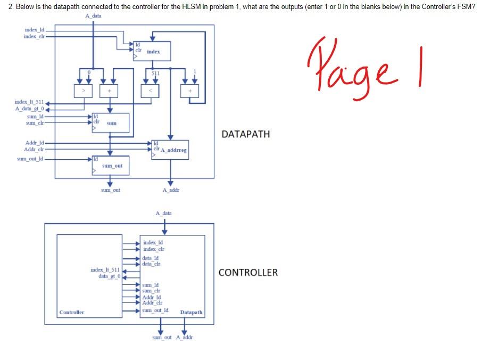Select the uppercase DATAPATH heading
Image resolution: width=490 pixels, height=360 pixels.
coord(245,134)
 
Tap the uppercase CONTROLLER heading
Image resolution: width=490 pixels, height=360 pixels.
coord(248,273)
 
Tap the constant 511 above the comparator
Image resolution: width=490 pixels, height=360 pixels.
coord(155,72)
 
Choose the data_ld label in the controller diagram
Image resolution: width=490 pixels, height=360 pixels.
coord(151,258)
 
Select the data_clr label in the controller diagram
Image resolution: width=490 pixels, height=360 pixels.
coord(151,264)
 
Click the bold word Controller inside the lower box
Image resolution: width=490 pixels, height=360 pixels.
coord(72,312)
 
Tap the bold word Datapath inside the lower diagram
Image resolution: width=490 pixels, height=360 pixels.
coord(191,312)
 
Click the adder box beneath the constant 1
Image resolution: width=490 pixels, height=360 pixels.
coord(189,91)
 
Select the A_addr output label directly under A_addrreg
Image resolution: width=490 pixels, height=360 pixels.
coord(171,190)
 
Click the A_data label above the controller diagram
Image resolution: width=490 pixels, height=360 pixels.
coord(163,213)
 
